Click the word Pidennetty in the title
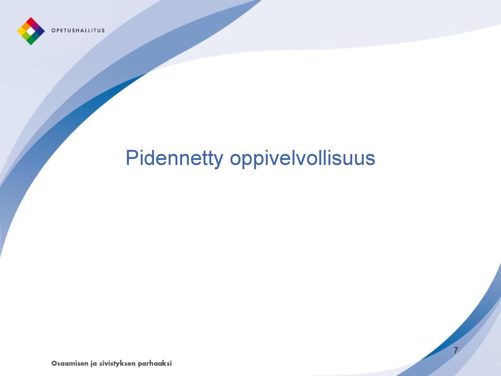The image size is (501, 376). coord(174,158)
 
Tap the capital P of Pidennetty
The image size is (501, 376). coord(132,157)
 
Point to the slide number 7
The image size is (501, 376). coord(456,350)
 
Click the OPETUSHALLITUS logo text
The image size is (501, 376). coord(78,30)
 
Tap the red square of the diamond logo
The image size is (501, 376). coord(31,22)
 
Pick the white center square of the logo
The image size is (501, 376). coord(31,31)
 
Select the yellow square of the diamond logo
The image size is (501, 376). coord(21,31)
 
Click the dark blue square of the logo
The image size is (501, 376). coord(40,31)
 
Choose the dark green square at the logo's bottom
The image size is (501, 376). coord(31,40)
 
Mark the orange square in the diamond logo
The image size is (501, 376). coord(26,26)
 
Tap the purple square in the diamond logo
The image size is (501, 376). coord(35,26)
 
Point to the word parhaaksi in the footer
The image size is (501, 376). coord(154,364)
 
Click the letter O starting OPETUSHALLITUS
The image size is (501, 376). coord(53,30)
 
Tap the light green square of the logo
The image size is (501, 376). coord(26,36)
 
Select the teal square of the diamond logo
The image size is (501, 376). coord(35,36)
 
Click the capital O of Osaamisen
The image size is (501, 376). coord(54,363)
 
